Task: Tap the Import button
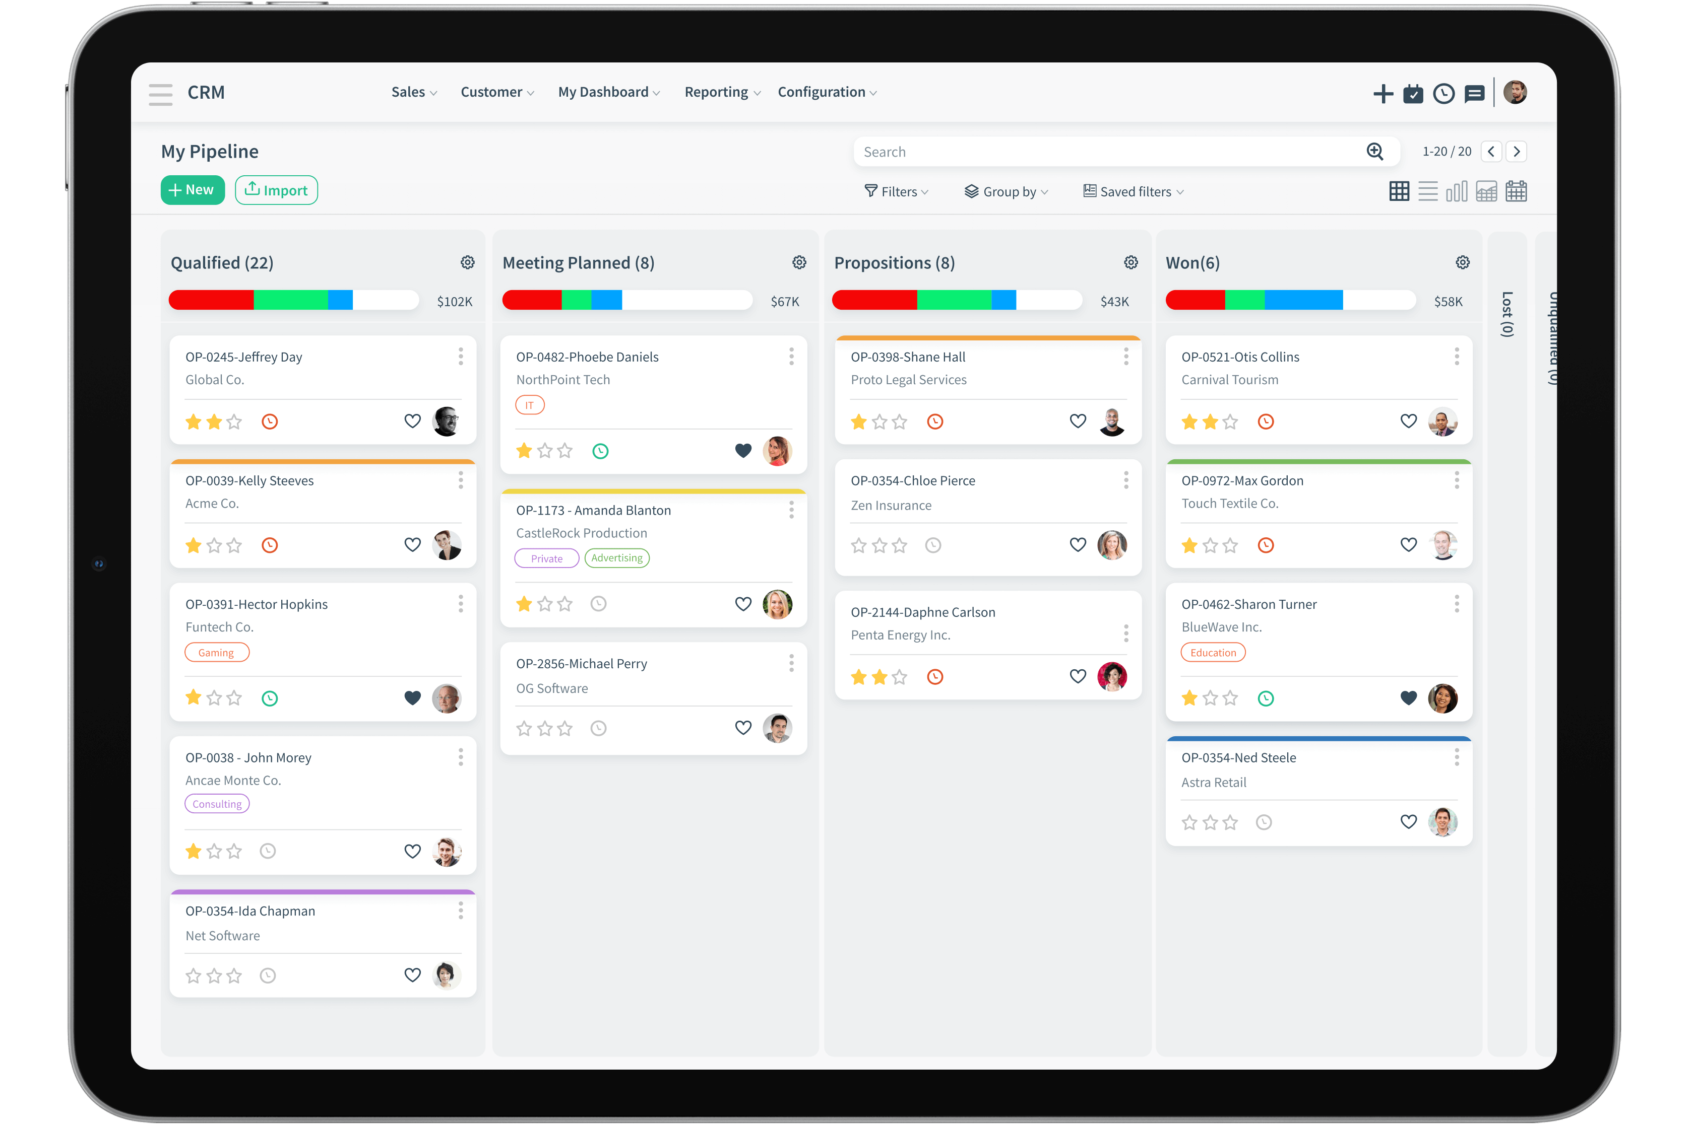(276, 190)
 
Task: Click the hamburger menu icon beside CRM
(161, 94)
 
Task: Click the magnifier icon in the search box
(1374, 152)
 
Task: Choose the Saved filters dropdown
(1133, 191)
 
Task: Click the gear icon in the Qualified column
(467, 262)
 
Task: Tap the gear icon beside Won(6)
(1462, 262)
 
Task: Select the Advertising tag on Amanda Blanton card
(617, 558)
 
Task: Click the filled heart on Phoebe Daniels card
(743, 451)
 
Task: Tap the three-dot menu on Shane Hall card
(1125, 357)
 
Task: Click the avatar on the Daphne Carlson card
(1111, 677)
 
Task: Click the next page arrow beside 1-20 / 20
(1516, 152)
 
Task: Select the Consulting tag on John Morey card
(217, 804)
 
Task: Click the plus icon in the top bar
(1383, 94)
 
